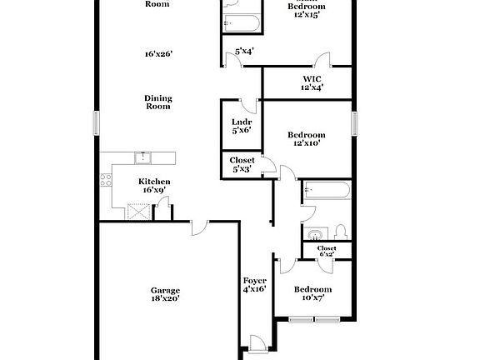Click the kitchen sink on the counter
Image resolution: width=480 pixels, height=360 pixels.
coord(142,156)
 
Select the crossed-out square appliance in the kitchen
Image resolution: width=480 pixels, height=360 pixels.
coord(136,211)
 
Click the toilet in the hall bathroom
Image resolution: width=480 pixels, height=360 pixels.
coord(340,231)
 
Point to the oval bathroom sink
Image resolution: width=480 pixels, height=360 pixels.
coord(315,232)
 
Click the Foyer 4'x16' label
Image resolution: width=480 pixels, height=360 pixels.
coord(254,284)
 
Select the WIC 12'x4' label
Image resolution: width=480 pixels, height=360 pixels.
coord(312,83)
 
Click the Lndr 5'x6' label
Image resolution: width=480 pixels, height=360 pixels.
coord(241,126)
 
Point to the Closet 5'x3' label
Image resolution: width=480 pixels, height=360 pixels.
coord(242,164)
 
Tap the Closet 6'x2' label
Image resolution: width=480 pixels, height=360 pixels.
coord(326,251)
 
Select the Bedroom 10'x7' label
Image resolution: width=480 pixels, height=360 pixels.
coord(313,293)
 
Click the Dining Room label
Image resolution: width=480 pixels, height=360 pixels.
coord(157,102)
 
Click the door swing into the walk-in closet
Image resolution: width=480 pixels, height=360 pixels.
coord(322,61)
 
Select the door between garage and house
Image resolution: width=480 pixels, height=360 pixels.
coord(198,227)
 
